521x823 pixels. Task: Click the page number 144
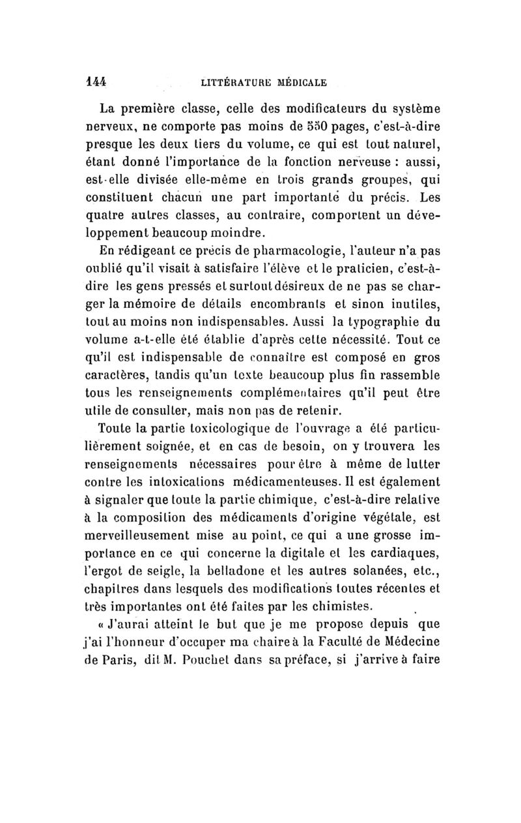pos(95,82)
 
